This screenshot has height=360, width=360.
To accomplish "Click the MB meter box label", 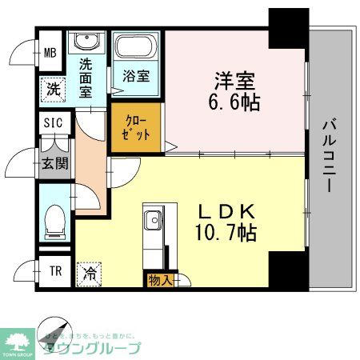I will coord(50,54).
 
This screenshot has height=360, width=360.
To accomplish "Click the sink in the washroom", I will coord(84,43).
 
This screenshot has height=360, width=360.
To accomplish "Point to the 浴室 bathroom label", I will coord(135,78).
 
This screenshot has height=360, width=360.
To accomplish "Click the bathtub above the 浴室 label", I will coord(136,49).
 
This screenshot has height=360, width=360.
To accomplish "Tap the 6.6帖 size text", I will coord(235,103).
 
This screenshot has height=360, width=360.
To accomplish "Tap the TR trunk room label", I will coord(55,271).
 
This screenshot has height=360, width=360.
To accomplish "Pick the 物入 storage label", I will coord(158,279).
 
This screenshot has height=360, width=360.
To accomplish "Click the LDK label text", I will coord(226,211).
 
